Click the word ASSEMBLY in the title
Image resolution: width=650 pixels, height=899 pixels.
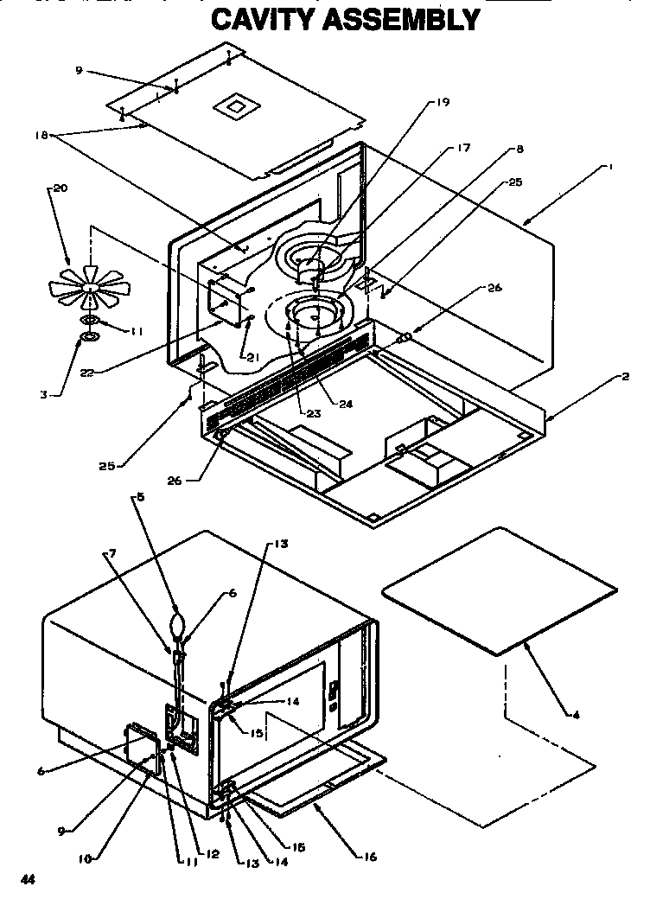(x=401, y=18)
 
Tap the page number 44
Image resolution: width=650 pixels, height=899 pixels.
(x=28, y=879)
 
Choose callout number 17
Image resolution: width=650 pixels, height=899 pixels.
(x=464, y=148)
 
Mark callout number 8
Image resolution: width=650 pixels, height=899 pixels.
(x=519, y=149)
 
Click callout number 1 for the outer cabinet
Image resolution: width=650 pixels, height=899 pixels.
(x=610, y=169)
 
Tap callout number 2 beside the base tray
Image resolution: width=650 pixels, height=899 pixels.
(x=625, y=377)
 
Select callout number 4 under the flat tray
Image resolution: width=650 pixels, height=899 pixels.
(x=575, y=714)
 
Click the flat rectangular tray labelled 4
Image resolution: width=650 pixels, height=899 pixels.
(x=499, y=590)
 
